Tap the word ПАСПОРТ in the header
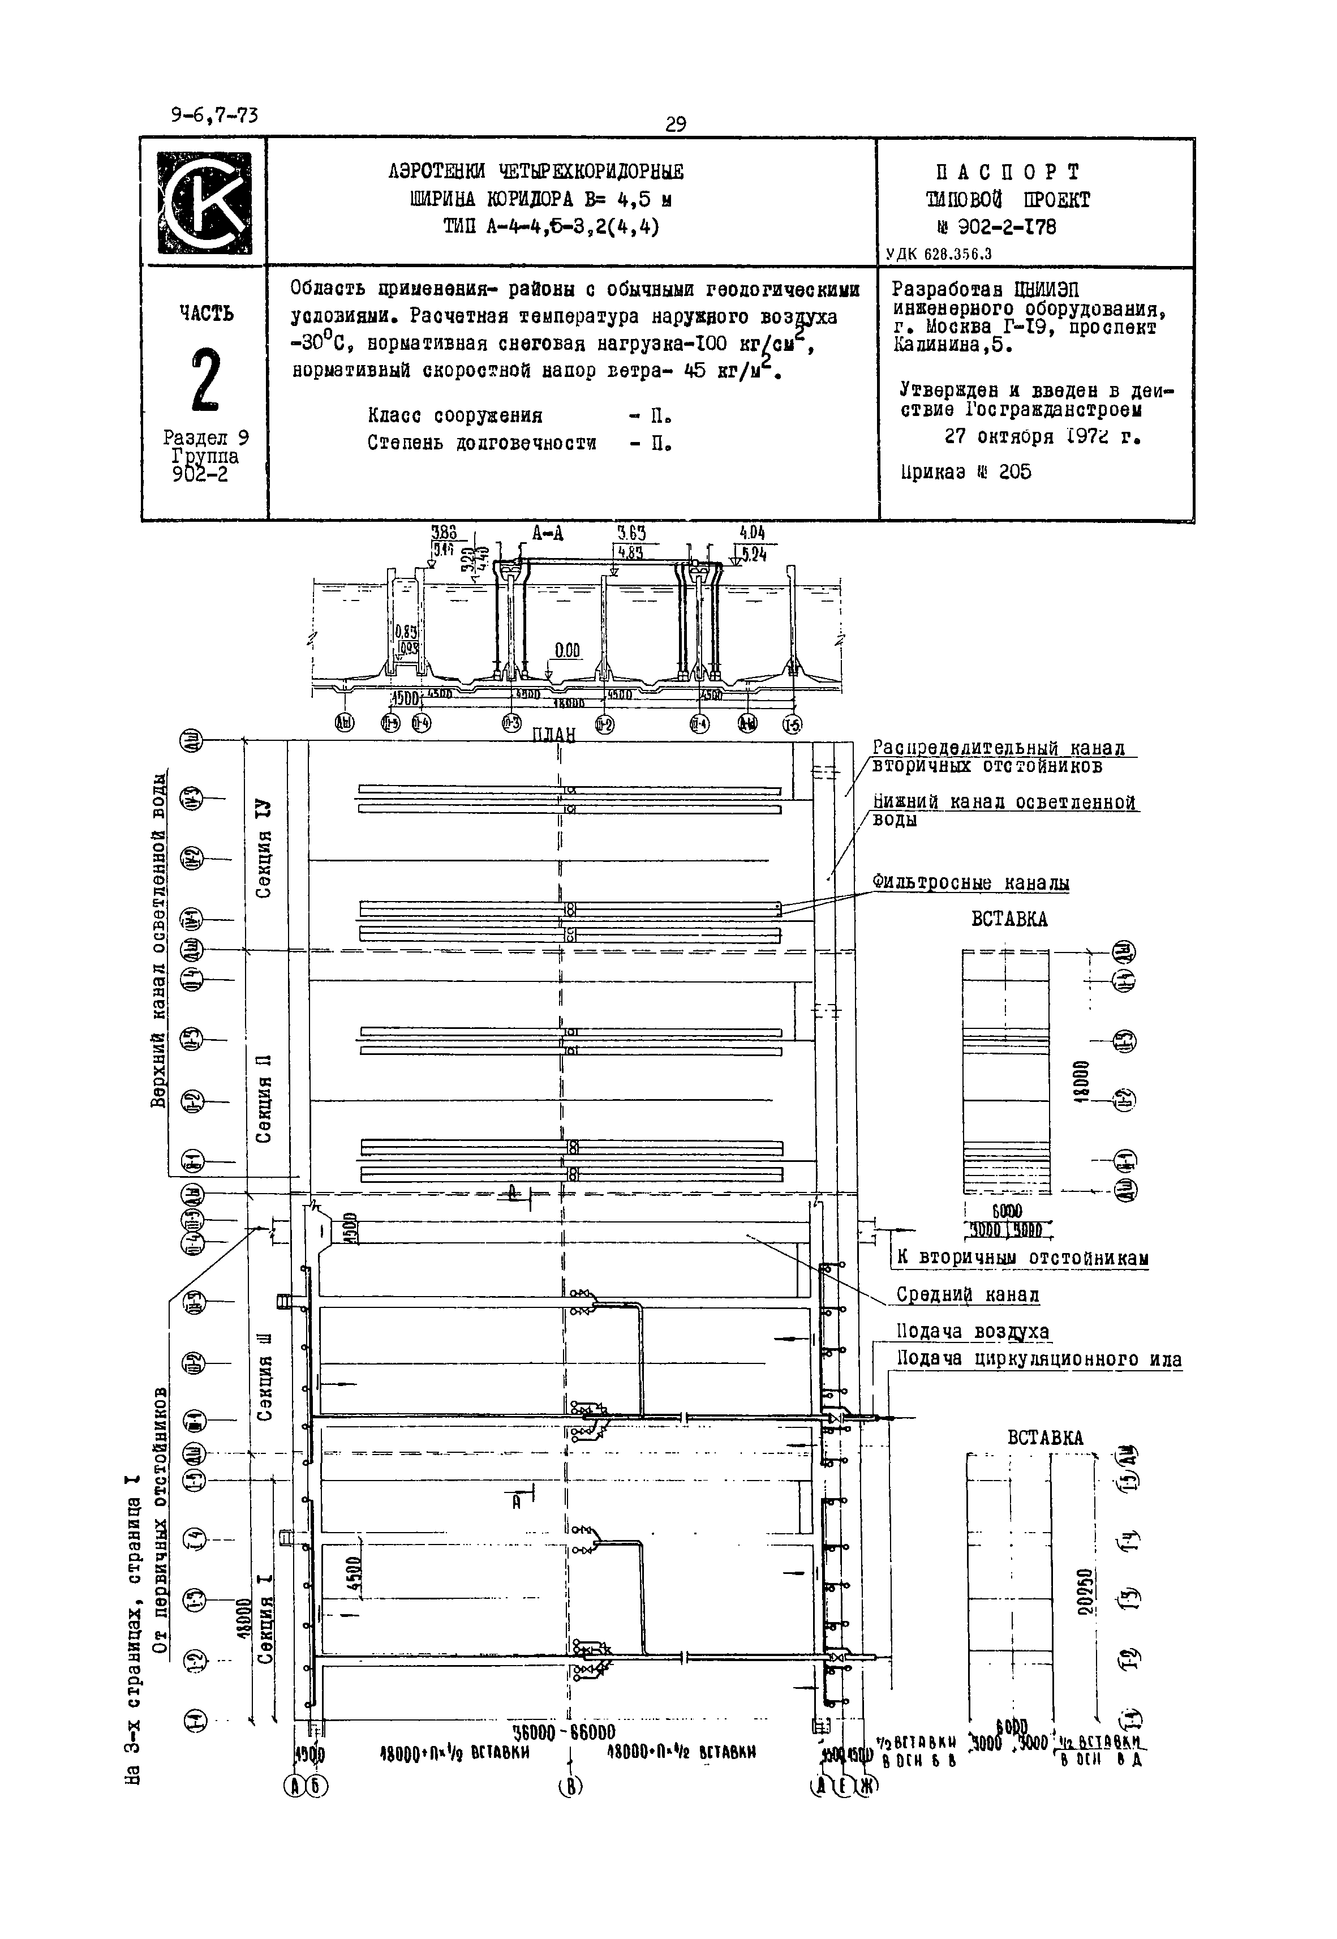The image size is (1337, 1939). (x=1008, y=173)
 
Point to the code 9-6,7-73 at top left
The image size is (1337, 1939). (x=214, y=115)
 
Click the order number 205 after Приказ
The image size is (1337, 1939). (x=1014, y=472)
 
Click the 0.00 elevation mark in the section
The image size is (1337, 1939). (x=567, y=651)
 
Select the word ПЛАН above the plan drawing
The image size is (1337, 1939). (x=554, y=734)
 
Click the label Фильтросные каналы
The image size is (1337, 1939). (x=970, y=882)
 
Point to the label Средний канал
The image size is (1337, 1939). (x=968, y=1294)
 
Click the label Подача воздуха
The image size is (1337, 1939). (x=973, y=1332)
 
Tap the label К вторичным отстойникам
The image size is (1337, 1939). (x=1022, y=1258)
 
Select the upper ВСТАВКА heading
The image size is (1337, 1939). (x=1009, y=919)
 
